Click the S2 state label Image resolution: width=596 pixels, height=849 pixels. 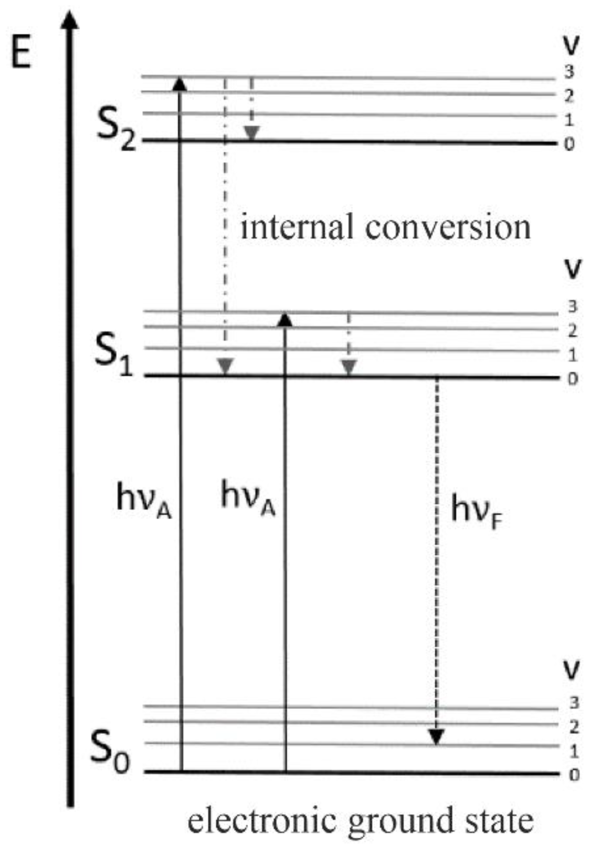tap(116, 129)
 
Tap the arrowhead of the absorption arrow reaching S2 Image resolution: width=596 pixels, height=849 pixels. tap(179, 84)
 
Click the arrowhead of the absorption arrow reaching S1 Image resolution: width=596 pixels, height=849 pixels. tap(285, 319)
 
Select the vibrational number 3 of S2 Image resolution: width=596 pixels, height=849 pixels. tap(569, 72)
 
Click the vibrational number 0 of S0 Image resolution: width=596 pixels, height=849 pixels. tap(573, 775)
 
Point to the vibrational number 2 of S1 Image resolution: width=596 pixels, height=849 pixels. tap(572, 331)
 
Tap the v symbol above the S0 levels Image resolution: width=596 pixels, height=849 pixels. tap(572, 669)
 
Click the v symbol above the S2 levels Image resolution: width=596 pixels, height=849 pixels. tap(571, 45)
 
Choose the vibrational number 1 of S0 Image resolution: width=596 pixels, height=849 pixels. tap(573, 751)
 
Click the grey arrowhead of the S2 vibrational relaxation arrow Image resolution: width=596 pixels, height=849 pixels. tap(251, 133)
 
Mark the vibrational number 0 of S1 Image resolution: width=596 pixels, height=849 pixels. tap(572, 379)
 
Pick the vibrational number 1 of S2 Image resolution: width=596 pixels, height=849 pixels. tap(569, 119)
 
